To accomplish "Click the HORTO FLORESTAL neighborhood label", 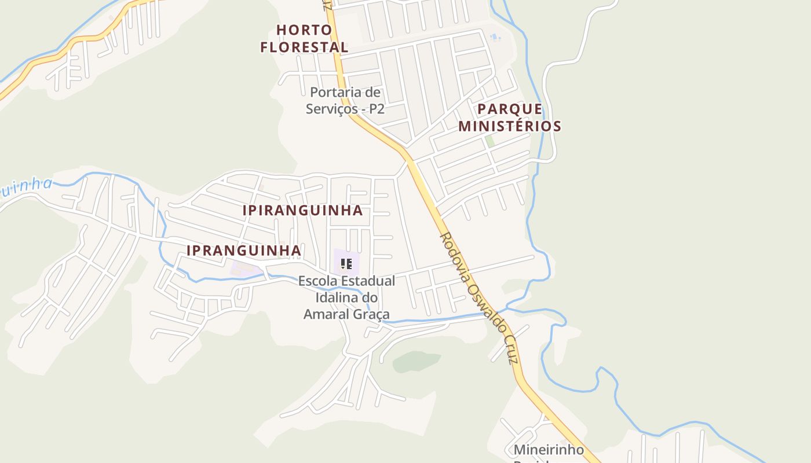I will point(304,38).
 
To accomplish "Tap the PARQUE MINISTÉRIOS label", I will point(510,117).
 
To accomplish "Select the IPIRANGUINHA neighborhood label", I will point(302,210).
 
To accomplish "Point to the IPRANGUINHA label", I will point(244,251).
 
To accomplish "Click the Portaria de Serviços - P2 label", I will point(345,100).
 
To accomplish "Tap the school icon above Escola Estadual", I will point(346,264).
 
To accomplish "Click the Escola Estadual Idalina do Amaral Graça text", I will point(346,297).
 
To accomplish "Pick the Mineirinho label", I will point(549,450).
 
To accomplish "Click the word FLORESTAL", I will point(304,47).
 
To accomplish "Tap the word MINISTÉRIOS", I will point(510,126).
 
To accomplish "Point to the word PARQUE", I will point(510,109).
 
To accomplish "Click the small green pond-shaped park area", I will point(416,361).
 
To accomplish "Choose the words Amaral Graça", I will point(346,314).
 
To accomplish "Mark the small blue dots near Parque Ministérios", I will point(494,38).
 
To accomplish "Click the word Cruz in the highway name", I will point(510,350).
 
